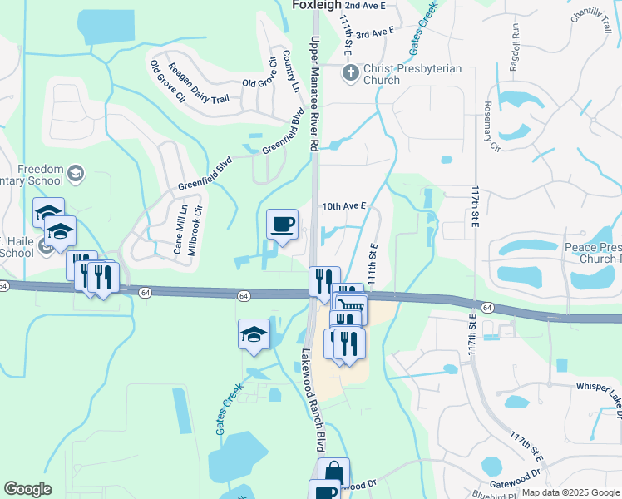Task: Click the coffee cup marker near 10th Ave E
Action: tap(282, 224)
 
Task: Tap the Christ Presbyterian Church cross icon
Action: tap(350, 73)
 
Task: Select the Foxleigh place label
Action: tap(317, 5)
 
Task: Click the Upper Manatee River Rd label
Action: tap(314, 92)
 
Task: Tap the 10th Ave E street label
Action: tap(344, 205)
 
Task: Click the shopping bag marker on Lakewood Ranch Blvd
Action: tap(333, 472)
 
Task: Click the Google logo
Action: tap(28, 489)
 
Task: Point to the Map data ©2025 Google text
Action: tap(570, 492)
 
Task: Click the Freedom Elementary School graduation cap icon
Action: tap(76, 173)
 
